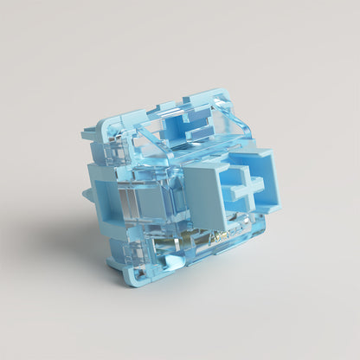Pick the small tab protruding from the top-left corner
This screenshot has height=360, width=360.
pyautogui.click(x=89, y=134)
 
